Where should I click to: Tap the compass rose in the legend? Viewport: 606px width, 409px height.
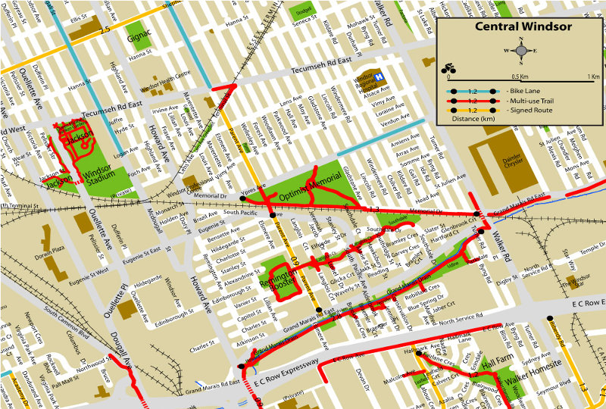tap(520, 50)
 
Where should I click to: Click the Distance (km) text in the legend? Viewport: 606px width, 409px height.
tap(471, 119)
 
